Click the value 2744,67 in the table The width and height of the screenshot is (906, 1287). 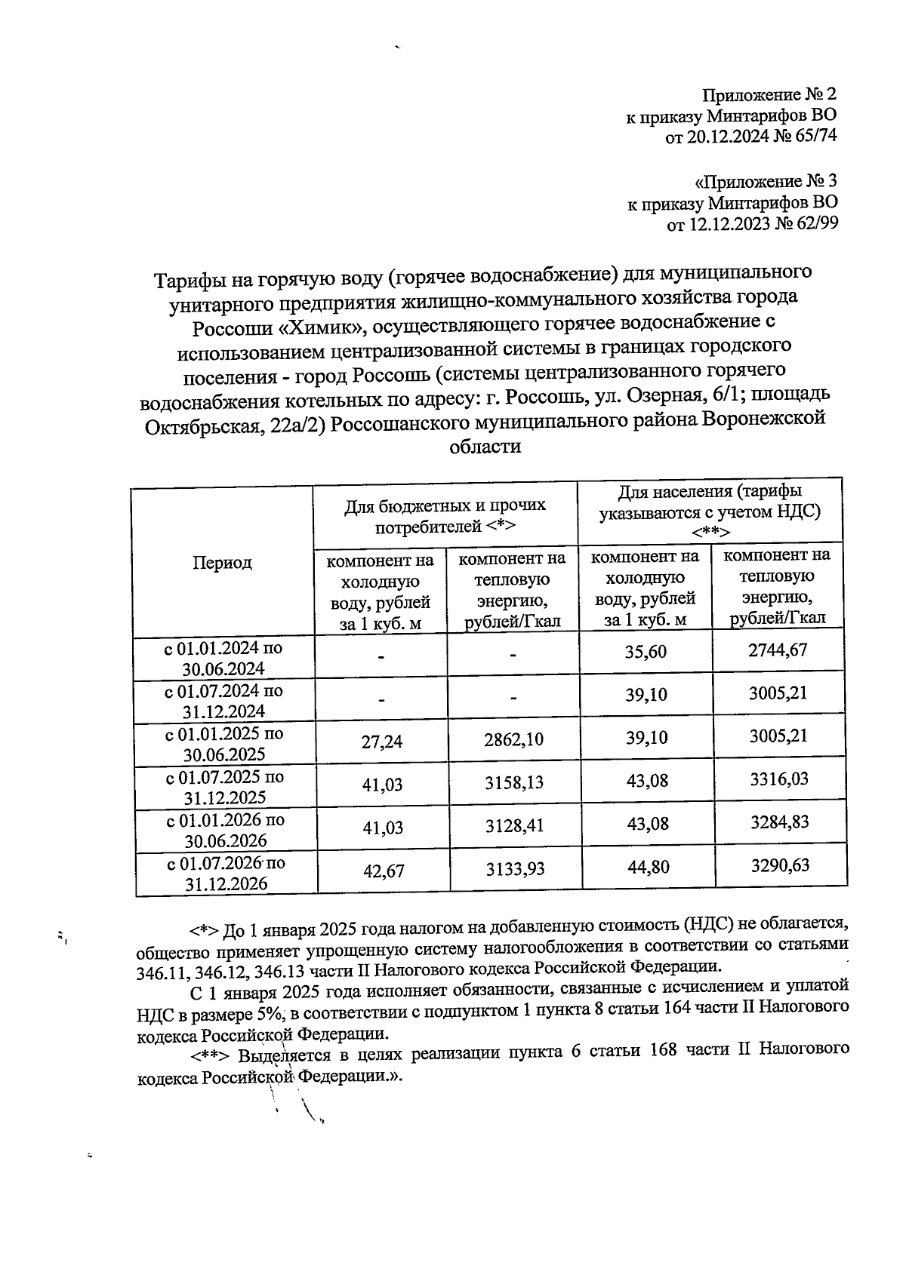click(x=778, y=650)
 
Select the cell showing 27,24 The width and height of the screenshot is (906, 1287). click(x=382, y=742)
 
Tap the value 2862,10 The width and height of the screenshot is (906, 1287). click(x=513, y=739)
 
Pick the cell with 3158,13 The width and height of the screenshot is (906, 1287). click(x=514, y=783)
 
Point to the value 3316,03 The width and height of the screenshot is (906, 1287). click(x=778, y=779)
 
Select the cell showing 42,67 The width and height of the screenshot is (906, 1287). click(x=384, y=871)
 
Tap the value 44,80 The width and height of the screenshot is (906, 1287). click(x=647, y=868)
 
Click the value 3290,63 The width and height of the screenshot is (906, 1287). click(x=779, y=865)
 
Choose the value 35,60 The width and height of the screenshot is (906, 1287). click(x=646, y=652)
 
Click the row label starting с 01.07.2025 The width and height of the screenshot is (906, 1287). click(x=225, y=787)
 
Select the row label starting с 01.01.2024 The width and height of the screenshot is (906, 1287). click(x=223, y=658)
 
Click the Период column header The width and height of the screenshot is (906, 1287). click(x=222, y=563)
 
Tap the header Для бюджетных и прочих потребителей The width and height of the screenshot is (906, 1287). click(x=445, y=516)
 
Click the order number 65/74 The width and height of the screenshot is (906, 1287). click(x=815, y=137)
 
